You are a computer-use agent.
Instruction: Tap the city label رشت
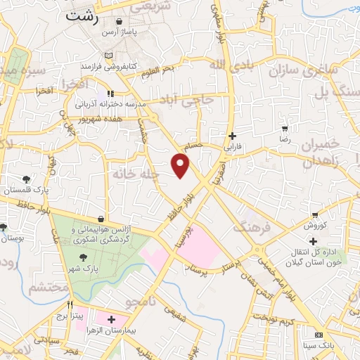80,16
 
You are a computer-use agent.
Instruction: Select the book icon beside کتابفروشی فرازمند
108,56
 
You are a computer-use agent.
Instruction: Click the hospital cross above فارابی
232,136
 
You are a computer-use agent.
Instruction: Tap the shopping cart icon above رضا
285,129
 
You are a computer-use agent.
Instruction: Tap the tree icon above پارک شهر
93,258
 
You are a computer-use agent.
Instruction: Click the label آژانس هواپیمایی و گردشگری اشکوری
105,234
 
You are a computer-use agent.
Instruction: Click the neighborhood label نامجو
141,302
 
